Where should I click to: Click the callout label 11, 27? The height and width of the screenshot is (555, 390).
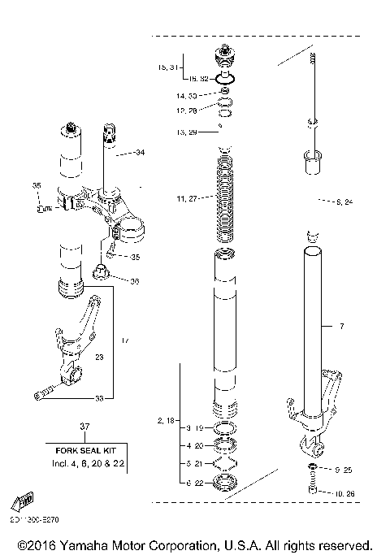[187, 198]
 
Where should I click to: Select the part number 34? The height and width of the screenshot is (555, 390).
[140, 153]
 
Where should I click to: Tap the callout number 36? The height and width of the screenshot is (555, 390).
[135, 281]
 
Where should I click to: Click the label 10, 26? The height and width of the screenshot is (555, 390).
[343, 492]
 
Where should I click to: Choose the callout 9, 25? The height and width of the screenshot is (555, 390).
[343, 470]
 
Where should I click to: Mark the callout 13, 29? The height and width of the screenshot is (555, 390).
[187, 132]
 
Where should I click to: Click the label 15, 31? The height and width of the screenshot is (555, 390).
[167, 68]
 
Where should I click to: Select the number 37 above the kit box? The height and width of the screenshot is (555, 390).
[84, 427]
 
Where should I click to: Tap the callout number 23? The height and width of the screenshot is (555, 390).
[100, 356]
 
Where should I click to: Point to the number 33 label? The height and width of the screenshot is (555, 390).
[99, 398]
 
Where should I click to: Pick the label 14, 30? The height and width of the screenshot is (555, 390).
[187, 96]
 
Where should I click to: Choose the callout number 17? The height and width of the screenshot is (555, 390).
[125, 340]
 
